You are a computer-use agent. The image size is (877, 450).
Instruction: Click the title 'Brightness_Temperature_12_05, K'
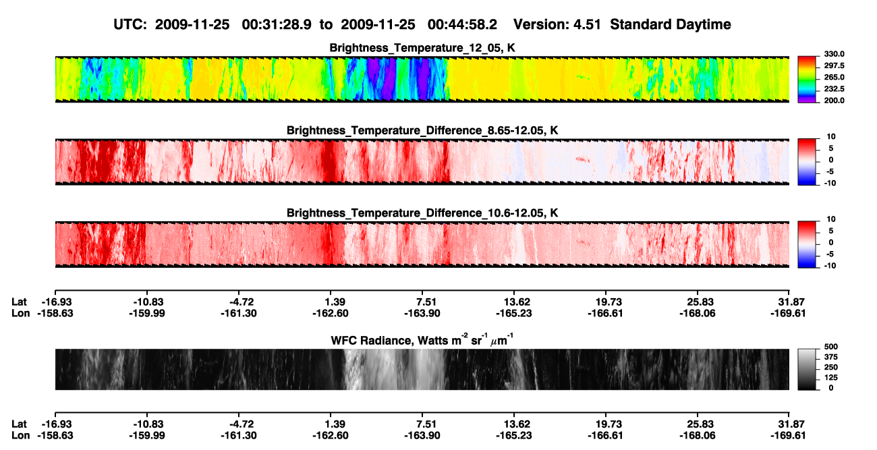(422, 48)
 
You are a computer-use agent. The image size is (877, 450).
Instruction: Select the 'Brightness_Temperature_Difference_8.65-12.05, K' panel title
(422, 130)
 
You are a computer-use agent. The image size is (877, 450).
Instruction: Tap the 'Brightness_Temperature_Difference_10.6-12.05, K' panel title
(422, 213)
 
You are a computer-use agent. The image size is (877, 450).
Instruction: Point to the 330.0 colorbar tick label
(834, 54)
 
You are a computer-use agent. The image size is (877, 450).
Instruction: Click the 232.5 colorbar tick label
(834, 89)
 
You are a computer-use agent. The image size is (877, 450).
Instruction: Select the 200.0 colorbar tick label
(834, 101)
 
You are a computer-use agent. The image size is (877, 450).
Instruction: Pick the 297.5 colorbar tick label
(834, 65)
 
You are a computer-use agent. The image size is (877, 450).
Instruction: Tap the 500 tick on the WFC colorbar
(831, 347)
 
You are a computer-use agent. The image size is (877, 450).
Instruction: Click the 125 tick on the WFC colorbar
(831, 378)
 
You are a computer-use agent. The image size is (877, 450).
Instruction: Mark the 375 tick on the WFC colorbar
(831, 357)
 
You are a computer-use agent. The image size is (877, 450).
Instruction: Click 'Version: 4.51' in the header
(557, 24)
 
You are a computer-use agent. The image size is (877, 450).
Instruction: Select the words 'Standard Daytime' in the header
(671, 24)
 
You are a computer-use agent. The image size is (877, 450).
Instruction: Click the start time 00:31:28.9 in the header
(277, 24)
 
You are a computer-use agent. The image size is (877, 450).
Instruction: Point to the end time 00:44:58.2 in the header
(462, 24)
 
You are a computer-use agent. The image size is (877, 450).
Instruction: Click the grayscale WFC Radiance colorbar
(807, 369)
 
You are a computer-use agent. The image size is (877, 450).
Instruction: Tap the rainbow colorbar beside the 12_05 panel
(807, 80)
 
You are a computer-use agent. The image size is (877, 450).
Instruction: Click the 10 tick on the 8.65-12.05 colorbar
(831, 137)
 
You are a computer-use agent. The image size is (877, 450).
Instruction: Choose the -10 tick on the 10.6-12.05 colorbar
(830, 266)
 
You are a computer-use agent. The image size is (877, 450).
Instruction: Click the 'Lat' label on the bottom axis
(19, 424)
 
